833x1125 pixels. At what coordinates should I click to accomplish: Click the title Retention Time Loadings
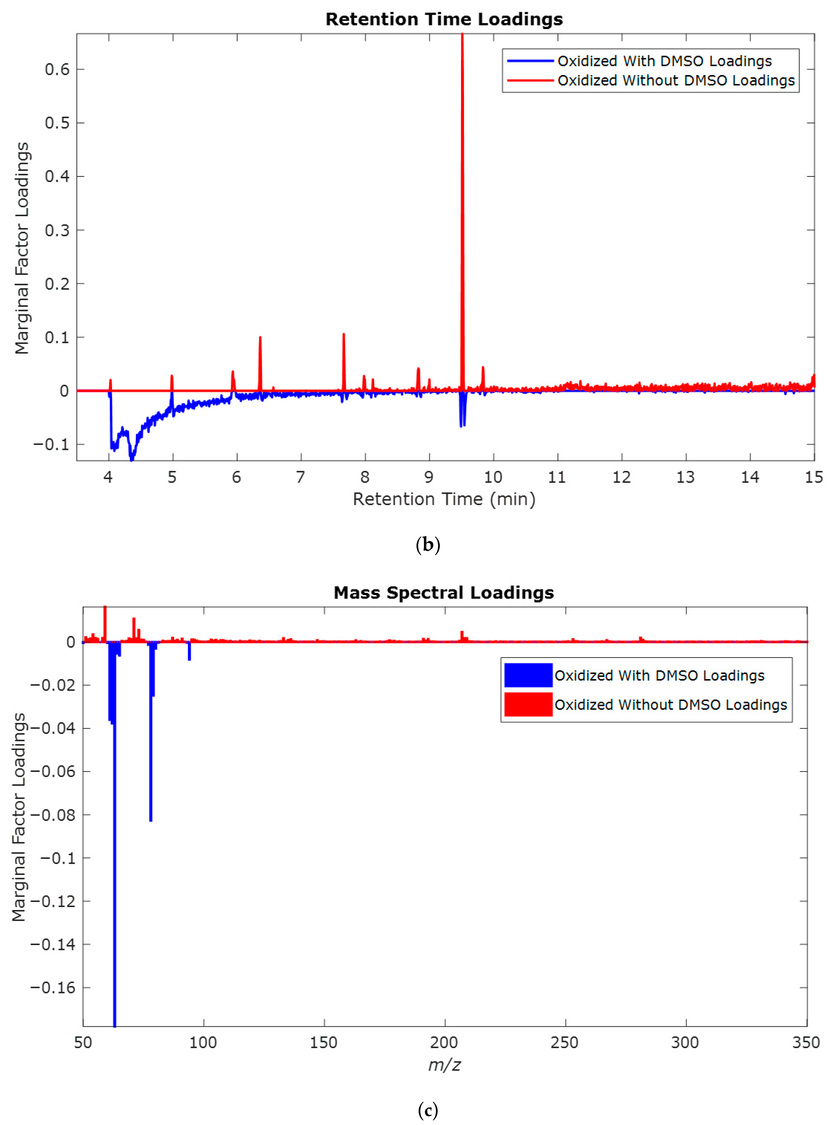[x=444, y=19]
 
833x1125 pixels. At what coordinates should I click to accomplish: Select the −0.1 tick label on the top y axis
[x=51, y=444]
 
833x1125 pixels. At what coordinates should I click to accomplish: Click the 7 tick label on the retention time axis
[x=301, y=477]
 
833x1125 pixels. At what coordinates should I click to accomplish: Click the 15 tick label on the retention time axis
[x=813, y=477]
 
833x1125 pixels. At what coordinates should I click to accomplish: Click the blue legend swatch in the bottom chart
[x=528, y=675]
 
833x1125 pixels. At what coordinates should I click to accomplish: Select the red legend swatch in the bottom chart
[x=528, y=704]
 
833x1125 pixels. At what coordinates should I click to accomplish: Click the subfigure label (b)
[x=428, y=545]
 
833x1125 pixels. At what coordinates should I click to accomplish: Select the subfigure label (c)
[x=428, y=1110]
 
